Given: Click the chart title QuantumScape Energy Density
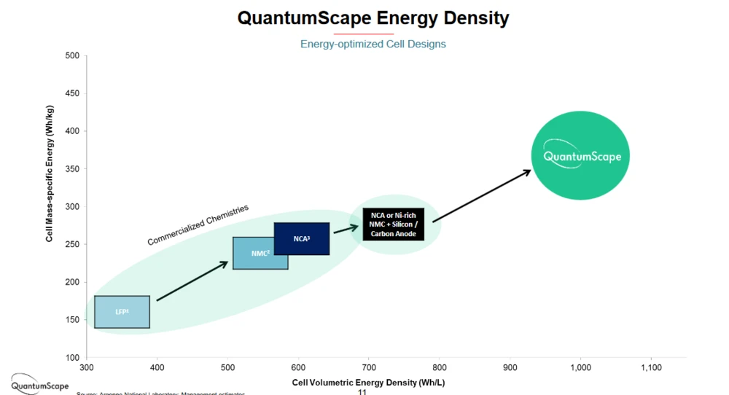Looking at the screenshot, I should coord(373,17).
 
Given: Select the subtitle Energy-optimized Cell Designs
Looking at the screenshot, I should coord(373,44).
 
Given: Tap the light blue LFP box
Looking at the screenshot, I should coord(122,312).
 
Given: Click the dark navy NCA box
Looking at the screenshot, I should coord(301,238).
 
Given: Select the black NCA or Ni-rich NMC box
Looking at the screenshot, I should coord(393,224).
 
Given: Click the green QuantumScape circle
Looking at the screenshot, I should coord(580,155).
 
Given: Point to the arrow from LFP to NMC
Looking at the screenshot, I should coord(192,281).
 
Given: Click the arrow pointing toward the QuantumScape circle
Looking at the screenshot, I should coord(482,196).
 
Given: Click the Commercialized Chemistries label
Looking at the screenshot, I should coord(198,225).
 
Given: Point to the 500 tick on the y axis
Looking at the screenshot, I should coord(72,55).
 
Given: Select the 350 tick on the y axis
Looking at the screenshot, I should coord(72,169).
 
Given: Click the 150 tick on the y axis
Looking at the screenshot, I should coord(72,320).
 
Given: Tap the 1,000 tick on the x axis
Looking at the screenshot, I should coord(580,368).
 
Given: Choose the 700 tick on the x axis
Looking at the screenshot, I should coord(369,368).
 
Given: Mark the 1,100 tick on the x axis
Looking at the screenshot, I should coord(650,368).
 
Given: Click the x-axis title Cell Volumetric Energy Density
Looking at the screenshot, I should coord(368,382).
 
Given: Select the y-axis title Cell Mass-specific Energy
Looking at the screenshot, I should coord(50,173).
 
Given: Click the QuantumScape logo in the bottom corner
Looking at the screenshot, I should coord(39,386).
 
